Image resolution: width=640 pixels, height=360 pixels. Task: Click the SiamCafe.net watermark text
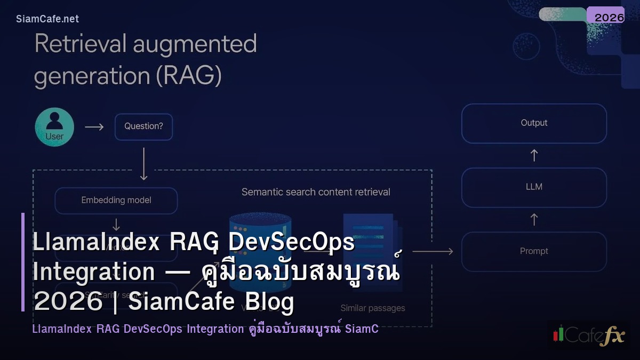[x=47, y=19]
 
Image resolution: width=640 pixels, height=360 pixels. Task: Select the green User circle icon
[x=54, y=127]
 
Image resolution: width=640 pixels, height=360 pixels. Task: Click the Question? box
[x=143, y=127]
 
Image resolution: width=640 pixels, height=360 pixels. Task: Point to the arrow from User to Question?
[x=94, y=127]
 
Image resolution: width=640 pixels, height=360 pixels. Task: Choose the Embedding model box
[x=116, y=201]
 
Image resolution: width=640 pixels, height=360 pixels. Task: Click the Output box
[x=534, y=123]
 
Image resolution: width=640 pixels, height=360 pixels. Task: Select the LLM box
[x=534, y=187]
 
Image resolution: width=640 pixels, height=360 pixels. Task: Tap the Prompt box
[x=534, y=251]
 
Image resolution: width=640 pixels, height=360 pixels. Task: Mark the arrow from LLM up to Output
[x=534, y=155]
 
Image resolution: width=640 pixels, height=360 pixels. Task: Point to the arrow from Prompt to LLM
[x=534, y=219]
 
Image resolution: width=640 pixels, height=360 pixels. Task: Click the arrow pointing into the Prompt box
[x=433, y=251]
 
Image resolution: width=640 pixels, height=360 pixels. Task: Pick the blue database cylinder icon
[x=260, y=235]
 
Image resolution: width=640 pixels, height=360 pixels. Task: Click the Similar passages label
[x=373, y=308]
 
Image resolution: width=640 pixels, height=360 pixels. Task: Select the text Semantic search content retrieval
[x=316, y=192]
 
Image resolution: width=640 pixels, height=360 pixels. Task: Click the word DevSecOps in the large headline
[x=291, y=243]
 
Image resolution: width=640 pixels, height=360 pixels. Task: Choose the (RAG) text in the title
[x=189, y=77]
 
